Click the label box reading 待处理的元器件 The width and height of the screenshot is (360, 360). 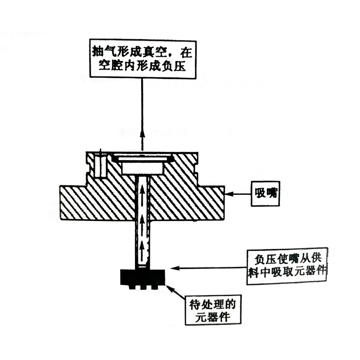pos(213,310)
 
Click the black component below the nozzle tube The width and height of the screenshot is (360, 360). pos(142,277)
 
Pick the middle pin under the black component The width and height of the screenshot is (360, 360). pos(143,287)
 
